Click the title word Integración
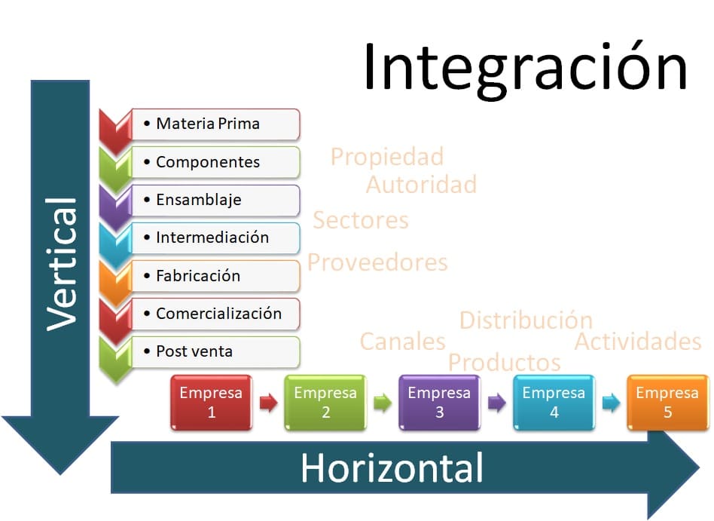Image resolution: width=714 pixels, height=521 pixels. [525, 69]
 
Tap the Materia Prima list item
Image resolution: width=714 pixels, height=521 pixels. [215, 124]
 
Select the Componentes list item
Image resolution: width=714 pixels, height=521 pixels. [215, 162]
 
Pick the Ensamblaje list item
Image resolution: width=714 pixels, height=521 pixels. [215, 200]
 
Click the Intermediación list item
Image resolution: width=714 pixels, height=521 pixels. [215, 238]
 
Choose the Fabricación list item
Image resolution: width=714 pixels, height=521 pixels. [215, 276]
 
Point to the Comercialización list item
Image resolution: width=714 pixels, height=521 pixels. [215, 314]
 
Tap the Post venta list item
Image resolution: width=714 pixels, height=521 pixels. [215, 351]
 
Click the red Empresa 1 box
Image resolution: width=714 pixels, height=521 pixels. [211, 403]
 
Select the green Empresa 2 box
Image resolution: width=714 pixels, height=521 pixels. [325, 403]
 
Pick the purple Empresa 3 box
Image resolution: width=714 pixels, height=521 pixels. [439, 403]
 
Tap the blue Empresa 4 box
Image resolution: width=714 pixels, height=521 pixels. [554, 403]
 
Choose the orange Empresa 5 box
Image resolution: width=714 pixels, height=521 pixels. [667, 403]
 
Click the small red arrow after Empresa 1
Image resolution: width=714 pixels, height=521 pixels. [269, 403]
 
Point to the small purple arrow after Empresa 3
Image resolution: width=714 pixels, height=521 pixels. [497, 403]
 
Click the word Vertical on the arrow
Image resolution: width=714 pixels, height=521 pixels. [62, 265]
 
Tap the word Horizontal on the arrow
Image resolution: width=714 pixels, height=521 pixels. [392, 467]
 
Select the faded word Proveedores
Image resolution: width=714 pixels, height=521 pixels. [377, 262]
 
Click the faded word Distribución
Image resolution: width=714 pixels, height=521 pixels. [526, 320]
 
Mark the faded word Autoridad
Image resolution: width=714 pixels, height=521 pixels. [421, 185]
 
